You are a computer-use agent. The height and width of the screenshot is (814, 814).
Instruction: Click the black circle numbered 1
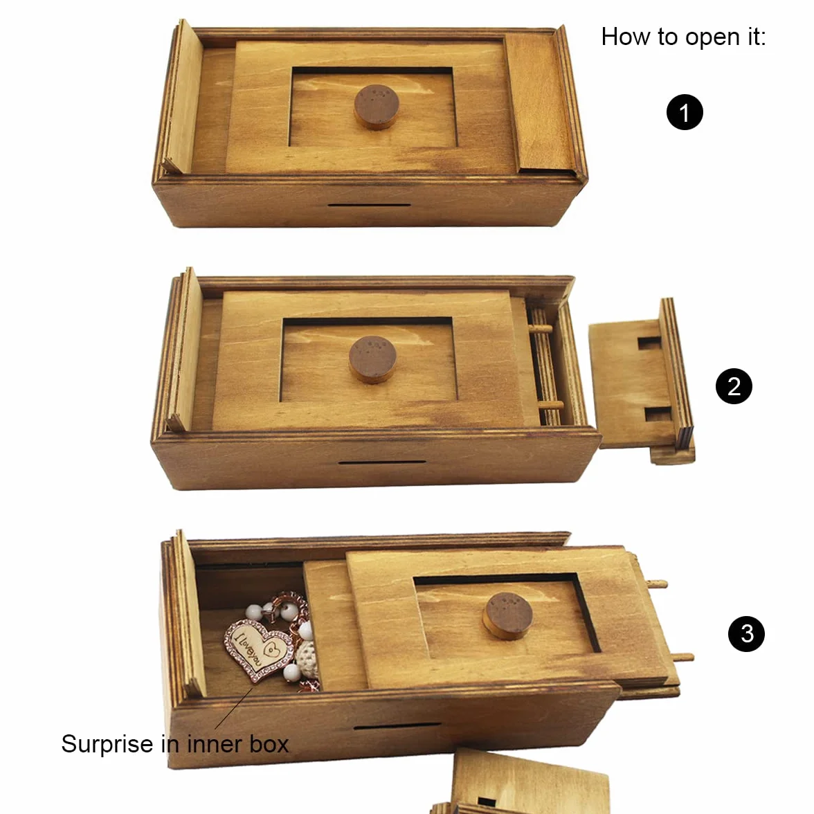tap(684, 112)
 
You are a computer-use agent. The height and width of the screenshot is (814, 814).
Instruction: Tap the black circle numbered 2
tap(734, 386)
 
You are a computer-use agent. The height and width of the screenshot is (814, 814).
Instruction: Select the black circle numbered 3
tap(746, 633)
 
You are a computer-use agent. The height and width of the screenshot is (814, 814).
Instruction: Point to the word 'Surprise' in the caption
tap(107, 745)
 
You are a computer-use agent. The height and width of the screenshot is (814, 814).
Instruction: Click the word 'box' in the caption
tap(269, 745)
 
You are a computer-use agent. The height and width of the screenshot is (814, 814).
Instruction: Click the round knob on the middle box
tap(372, 359)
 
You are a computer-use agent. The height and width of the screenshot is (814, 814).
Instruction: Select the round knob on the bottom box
tap(508, 616)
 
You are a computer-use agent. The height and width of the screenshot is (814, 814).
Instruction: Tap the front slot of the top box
tap(368, 205)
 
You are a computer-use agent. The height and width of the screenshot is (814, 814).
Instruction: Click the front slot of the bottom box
tap(397, 725)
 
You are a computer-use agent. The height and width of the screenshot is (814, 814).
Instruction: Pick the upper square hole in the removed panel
tap(649, 343)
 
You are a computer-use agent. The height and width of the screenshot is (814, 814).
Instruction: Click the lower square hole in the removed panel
tap(658, 414)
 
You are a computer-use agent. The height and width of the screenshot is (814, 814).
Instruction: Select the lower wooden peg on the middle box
tap(551, 405)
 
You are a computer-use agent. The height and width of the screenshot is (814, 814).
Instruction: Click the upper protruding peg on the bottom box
tap(656, 584)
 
